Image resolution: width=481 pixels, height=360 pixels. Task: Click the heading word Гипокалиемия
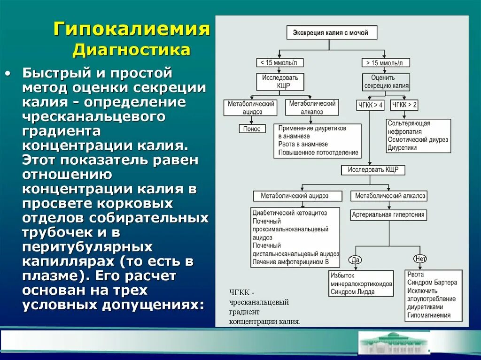click(x=132, y=29)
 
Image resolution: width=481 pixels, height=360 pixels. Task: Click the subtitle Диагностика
click(x=132, y=50)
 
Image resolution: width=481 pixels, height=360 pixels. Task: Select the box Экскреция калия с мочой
click(x=332, y=33)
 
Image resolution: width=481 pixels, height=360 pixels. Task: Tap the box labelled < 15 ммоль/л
click(x=279, y=62)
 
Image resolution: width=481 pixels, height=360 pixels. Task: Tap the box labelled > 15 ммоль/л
click(x=386, y=62)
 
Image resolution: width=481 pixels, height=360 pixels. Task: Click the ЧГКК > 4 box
click(x=370, y=105)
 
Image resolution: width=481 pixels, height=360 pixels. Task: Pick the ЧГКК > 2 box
click(x=404, y=105)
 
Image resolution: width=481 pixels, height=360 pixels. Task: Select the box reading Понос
click(x=252, y=129)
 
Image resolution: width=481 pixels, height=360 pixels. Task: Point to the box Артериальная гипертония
click(x=388, y=215)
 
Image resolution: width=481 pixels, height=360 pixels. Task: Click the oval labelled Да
click(x=355, y=259)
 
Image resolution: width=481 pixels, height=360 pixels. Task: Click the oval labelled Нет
click(x=419, y=259)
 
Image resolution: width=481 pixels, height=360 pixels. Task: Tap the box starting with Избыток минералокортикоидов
click(x=361, y=283)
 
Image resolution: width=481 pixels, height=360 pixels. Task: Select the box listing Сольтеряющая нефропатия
click(x=419, y=136)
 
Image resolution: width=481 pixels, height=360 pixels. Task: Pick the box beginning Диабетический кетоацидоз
click(x=296, y=237)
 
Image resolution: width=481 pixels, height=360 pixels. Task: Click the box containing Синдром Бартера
click(x=433, y=295)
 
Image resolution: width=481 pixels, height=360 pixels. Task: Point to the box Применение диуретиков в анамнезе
click(x=318, y=140)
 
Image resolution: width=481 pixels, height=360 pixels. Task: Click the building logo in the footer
click(x=394, y=343)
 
